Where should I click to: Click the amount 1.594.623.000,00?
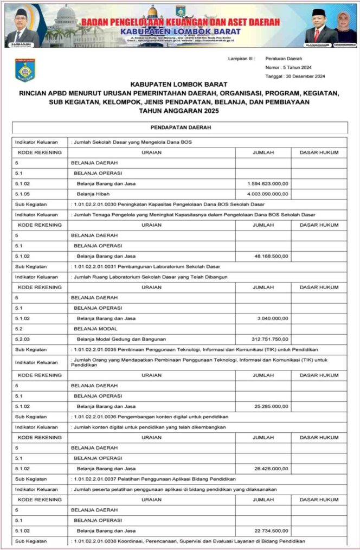pos(267,184)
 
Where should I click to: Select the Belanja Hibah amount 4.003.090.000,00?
pos(267,194)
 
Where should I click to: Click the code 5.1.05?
pos(22,194)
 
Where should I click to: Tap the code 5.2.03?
pos(22,339)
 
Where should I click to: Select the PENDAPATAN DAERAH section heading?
pos(179,127)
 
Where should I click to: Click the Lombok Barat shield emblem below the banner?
pos(24,71)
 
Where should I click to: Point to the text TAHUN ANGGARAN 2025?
pos(179,111)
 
